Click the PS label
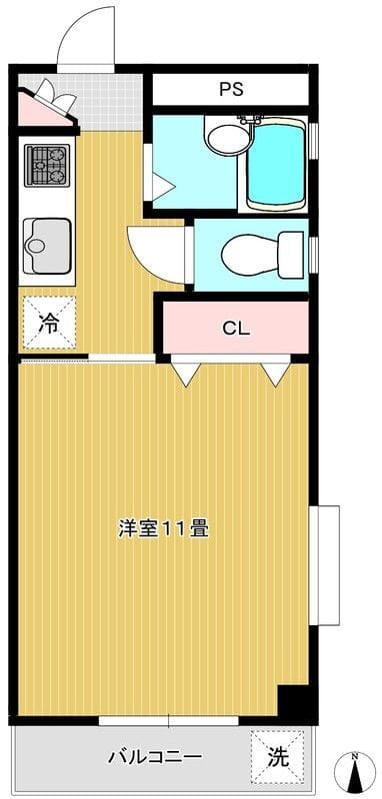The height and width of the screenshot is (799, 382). [x=231, y=89]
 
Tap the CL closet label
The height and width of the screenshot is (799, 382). [x=236, y=329]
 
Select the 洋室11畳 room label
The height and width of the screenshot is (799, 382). [x=163, y=529]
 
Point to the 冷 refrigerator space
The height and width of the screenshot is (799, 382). [x=49, y=323]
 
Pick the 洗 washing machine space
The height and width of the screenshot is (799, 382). [x=277, y=758]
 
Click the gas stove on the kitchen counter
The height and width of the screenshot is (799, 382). [x=47, y=165]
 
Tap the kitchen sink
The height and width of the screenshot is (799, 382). [x=47, y=246]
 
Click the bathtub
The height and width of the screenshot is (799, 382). [x=275, y=164]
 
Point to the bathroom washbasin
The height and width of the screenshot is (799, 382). [x=227, y=138]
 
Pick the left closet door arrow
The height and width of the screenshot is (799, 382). [x=185, y=374]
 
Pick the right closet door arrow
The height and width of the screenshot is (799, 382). [x=276, y=374]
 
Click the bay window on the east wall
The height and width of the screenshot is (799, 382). [x=325, y=564]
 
